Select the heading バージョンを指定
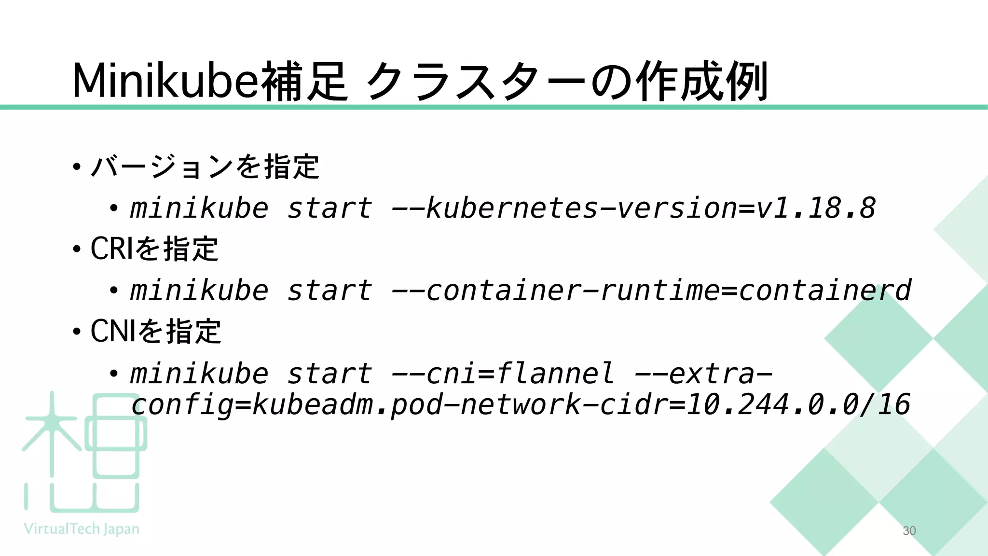(205, 167)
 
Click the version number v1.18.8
(816, 208)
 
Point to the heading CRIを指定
(154, 249)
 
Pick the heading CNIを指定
(156, 332)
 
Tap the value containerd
(825, 291)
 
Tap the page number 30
(909, 531)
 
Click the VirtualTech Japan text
(82, 529)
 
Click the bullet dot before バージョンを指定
(77, 167)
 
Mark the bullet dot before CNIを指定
(77, 332)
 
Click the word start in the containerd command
(330, 291)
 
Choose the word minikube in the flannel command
(199, 374)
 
